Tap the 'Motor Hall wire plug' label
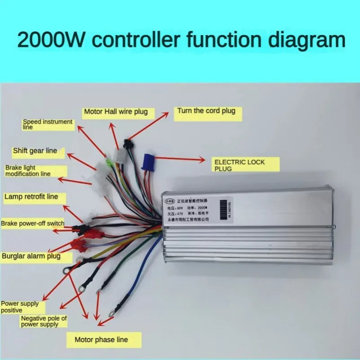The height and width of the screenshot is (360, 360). (x=116, y=111)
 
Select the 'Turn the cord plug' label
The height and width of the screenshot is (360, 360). (x=206, y=111)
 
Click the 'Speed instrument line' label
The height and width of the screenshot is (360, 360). (x=48, y=124)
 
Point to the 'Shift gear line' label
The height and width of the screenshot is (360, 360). (x=35, y=151)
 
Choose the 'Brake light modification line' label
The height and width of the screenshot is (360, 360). (x=34, y=170)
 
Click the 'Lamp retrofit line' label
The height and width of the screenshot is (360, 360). (x=31, y=196)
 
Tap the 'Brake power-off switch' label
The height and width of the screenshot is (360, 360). (x=32, y=223)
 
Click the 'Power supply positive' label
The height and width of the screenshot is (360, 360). (x=20, y=307)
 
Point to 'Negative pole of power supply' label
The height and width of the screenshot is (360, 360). (x=44, y=321)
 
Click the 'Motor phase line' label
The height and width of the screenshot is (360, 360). (x=101, y=340)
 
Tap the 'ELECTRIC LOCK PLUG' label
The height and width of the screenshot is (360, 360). (x=246, y=164)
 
